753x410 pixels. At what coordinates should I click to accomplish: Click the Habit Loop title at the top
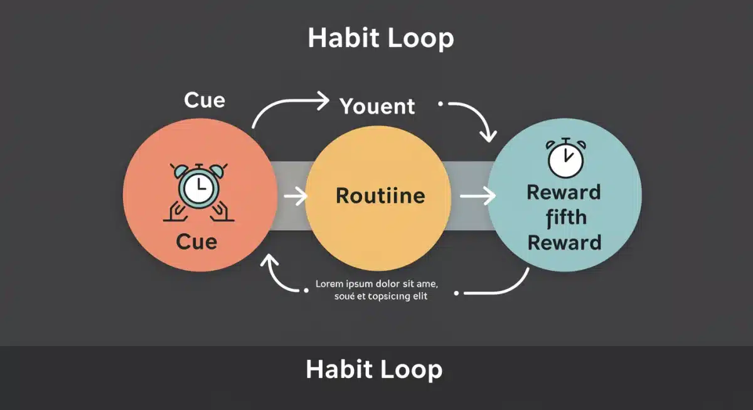(381, 39)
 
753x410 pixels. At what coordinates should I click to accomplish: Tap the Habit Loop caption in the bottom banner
(374, 369)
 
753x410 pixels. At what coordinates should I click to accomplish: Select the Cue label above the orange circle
(205, 100)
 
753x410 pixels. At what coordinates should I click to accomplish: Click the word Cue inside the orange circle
(196, 241)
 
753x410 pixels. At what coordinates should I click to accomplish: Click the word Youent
(377, 107)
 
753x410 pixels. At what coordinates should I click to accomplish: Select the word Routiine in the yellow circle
(380, 196)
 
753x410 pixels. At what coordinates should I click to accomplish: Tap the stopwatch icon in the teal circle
(565, 157)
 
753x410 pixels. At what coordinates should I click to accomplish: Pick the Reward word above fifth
(563, 192)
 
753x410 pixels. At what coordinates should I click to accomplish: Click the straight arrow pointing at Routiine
(295, 197)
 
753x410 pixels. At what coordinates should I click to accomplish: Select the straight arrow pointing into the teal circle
(477, 197)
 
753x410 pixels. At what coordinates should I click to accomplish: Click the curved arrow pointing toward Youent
(290, 107)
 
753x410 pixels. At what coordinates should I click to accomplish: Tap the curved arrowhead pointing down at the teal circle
(488, 134)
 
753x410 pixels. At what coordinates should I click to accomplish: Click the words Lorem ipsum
(339, 284)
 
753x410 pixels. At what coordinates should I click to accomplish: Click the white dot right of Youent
(441, 103)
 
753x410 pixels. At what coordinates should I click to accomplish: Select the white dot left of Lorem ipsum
(306, 290)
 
